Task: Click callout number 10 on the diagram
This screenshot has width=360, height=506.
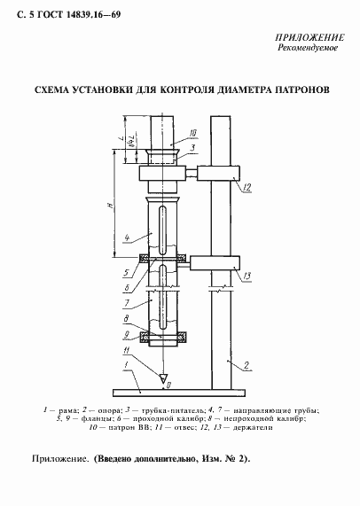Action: pos(192,134)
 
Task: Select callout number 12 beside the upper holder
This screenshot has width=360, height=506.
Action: pos(247,187)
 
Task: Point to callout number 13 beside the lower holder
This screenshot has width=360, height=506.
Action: pos(247,275)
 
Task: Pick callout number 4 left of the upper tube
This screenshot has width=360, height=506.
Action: pos(129,238)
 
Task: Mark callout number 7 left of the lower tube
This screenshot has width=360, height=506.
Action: pos(129,303)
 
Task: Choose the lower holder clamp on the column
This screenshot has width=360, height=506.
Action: pos(216,263)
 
